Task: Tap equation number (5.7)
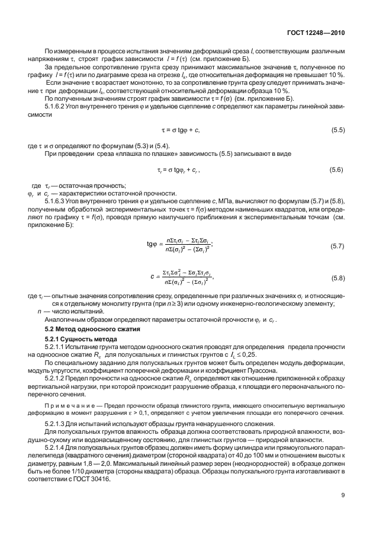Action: (x=336, y=245)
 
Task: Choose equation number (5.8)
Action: (x=336, y=277)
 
